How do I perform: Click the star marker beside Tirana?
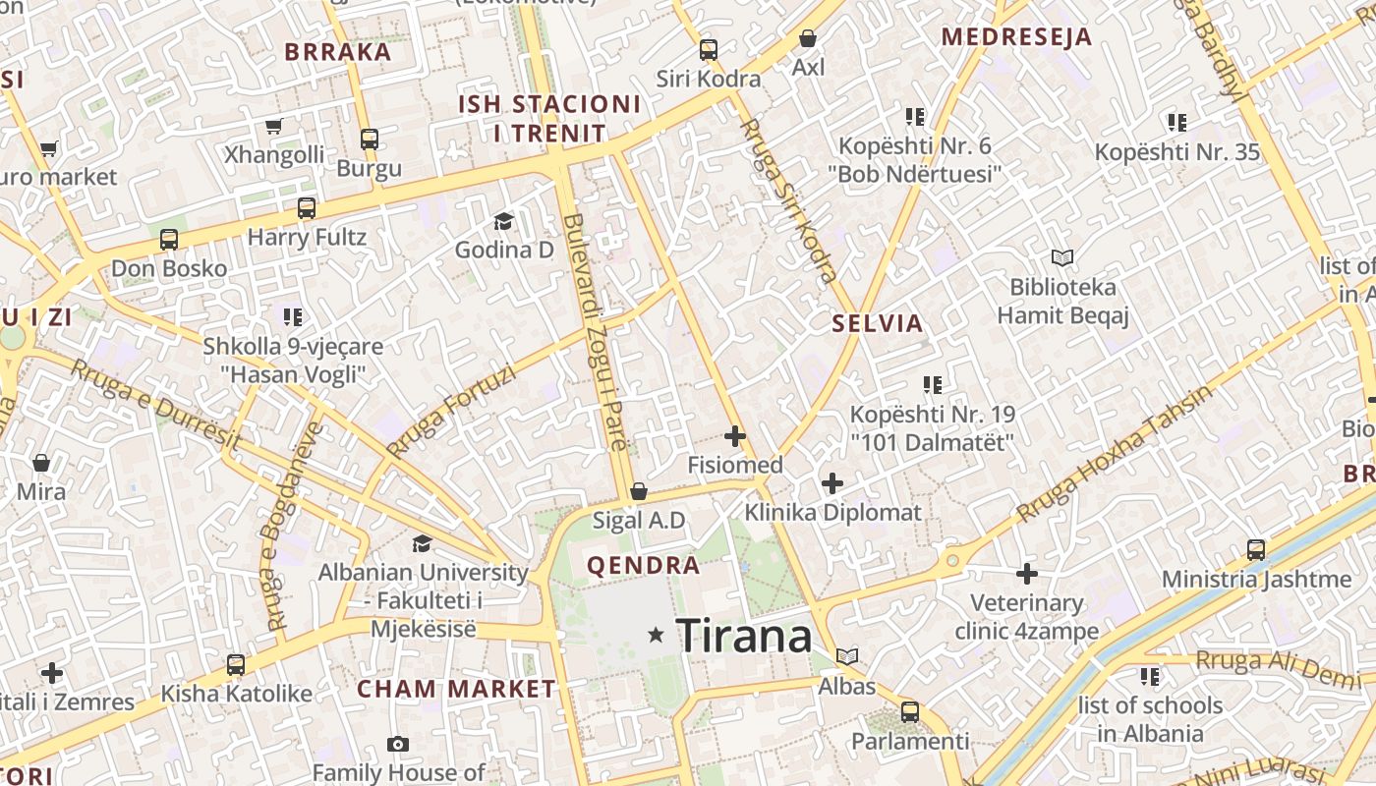click(x=656, y=636)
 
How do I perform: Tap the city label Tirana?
click(x=745, y=637)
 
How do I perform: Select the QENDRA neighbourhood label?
click(x=643, y=566)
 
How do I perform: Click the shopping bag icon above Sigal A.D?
click(x=639, y=490)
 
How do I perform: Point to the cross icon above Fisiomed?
click(x=734, y=435)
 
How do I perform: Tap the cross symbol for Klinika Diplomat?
click(x=832, y=482)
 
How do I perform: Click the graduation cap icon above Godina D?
click(x=504, y=221)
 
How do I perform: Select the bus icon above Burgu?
click(x=370, y=139)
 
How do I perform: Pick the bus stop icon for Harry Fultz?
click(x=307, y=208)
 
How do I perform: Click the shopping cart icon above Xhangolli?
click(x=274, y=126)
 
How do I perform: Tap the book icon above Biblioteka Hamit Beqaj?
click(x=1061, y=258)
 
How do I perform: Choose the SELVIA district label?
click(x=878, y=323)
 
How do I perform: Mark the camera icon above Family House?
click(x=398, y=745)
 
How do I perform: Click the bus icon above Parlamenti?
click(x=910, y=711)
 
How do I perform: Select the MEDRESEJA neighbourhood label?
click(x=1016, y=37)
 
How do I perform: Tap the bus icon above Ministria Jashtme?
click(x=1256, y=549)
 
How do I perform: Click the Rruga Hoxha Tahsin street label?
click(x=1115, y=453)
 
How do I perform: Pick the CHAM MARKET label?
click(x=456, y=689)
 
